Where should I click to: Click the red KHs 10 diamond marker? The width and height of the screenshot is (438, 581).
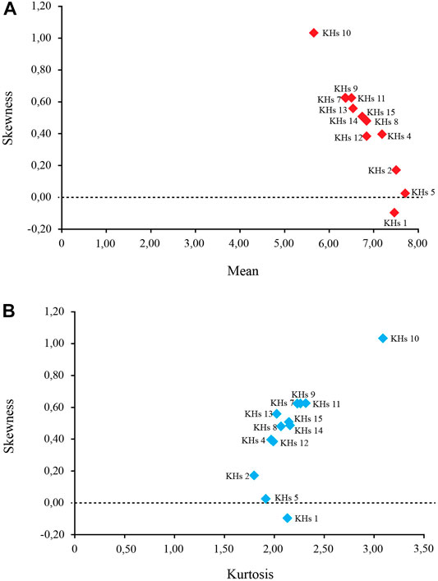(314, 33)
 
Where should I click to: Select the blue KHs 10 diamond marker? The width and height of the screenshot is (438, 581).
(383, 339)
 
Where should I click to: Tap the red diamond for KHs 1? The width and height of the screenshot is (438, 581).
(394, 213)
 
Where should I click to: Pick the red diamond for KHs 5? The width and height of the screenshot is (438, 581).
(405, 193)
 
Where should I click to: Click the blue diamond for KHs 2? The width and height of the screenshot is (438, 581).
(254, 475)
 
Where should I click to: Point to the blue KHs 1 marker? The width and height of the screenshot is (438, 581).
(287, 518)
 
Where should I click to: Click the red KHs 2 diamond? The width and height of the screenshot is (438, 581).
(396, 170)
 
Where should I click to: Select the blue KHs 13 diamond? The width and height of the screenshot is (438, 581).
(276, 414)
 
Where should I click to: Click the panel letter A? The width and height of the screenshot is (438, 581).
(10, 9)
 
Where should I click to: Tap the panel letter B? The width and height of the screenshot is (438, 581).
(9, 311)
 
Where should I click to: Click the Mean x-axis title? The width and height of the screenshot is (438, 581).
(242, 271)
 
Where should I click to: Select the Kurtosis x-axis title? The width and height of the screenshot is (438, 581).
(250, 574)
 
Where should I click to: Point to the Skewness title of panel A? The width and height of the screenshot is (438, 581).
(8, 118)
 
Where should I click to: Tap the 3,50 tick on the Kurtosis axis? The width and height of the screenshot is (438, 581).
(423, 548)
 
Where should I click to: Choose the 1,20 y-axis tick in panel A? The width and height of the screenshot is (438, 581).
(41, 6)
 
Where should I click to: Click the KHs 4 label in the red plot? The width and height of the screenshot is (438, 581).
(399, 136)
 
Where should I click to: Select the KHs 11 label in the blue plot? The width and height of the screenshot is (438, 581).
(326, 403)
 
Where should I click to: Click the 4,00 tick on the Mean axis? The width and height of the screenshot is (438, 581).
(239, 243)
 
